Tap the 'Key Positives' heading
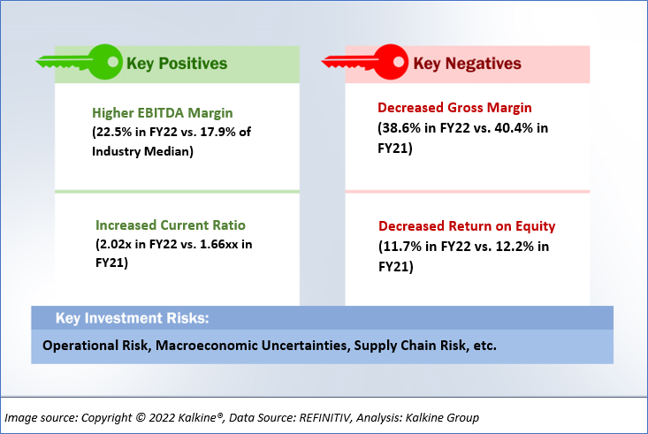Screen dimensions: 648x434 [x=177, y=64]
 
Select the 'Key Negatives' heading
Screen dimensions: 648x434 [x=467, y=64]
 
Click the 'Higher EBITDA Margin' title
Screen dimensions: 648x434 [x=163, y=113]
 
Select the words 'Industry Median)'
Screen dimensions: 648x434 [x=142, y=151]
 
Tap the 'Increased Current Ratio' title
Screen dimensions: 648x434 [x=171, y=225]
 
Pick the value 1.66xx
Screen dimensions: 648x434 [x=218, y=244]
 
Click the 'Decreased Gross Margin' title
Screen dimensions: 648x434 [x=454, y=108]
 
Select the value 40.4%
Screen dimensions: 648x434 [x=514, y=128]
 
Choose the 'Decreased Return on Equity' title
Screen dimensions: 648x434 [x=467, y=226]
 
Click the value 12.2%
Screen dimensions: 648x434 [x=515, y=247]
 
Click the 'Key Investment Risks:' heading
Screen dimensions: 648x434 [x=133, y=318]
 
